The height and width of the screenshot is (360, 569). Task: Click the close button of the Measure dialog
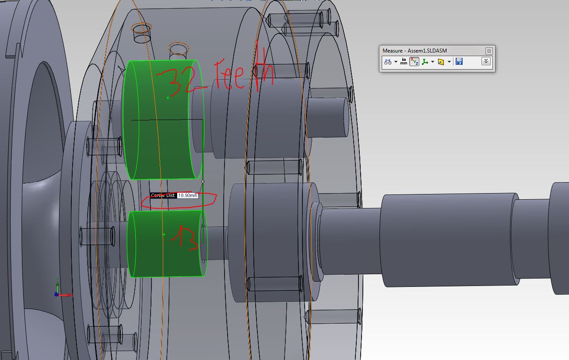489,51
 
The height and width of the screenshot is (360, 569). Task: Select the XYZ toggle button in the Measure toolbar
414,61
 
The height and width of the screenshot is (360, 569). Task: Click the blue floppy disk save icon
459,61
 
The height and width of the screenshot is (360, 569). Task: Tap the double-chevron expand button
486,61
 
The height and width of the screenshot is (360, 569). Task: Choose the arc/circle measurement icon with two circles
388,62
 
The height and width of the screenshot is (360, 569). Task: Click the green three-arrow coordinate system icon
425,62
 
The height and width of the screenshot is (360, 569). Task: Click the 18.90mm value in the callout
187,195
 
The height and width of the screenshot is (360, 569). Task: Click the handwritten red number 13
185,238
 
